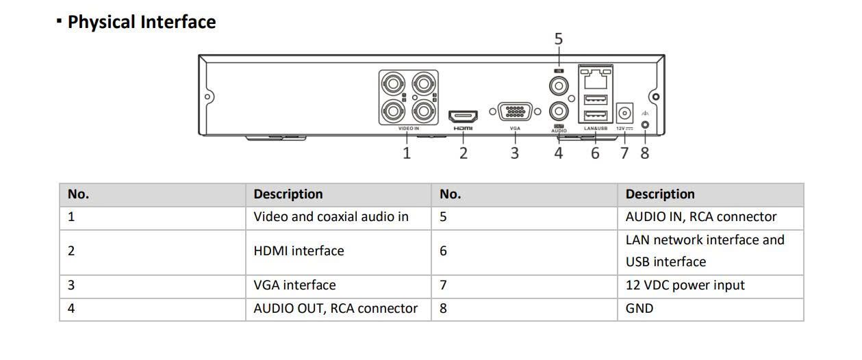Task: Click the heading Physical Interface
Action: click(142, 22)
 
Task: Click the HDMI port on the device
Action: click(463, 116)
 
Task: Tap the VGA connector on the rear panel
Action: click(515, 112)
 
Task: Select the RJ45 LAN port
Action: click(595, 79)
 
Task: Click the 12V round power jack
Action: click(624, 113)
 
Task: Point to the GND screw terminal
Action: click(645, 125)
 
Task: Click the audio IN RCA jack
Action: click(559, 86)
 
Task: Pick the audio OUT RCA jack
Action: click(559, 112)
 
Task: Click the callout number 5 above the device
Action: click(559, 39)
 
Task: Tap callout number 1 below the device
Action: click(407, 153)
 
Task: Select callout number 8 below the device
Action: click(645, 153)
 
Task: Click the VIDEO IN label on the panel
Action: click(409, 129)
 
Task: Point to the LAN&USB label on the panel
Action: click(596, 129)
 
